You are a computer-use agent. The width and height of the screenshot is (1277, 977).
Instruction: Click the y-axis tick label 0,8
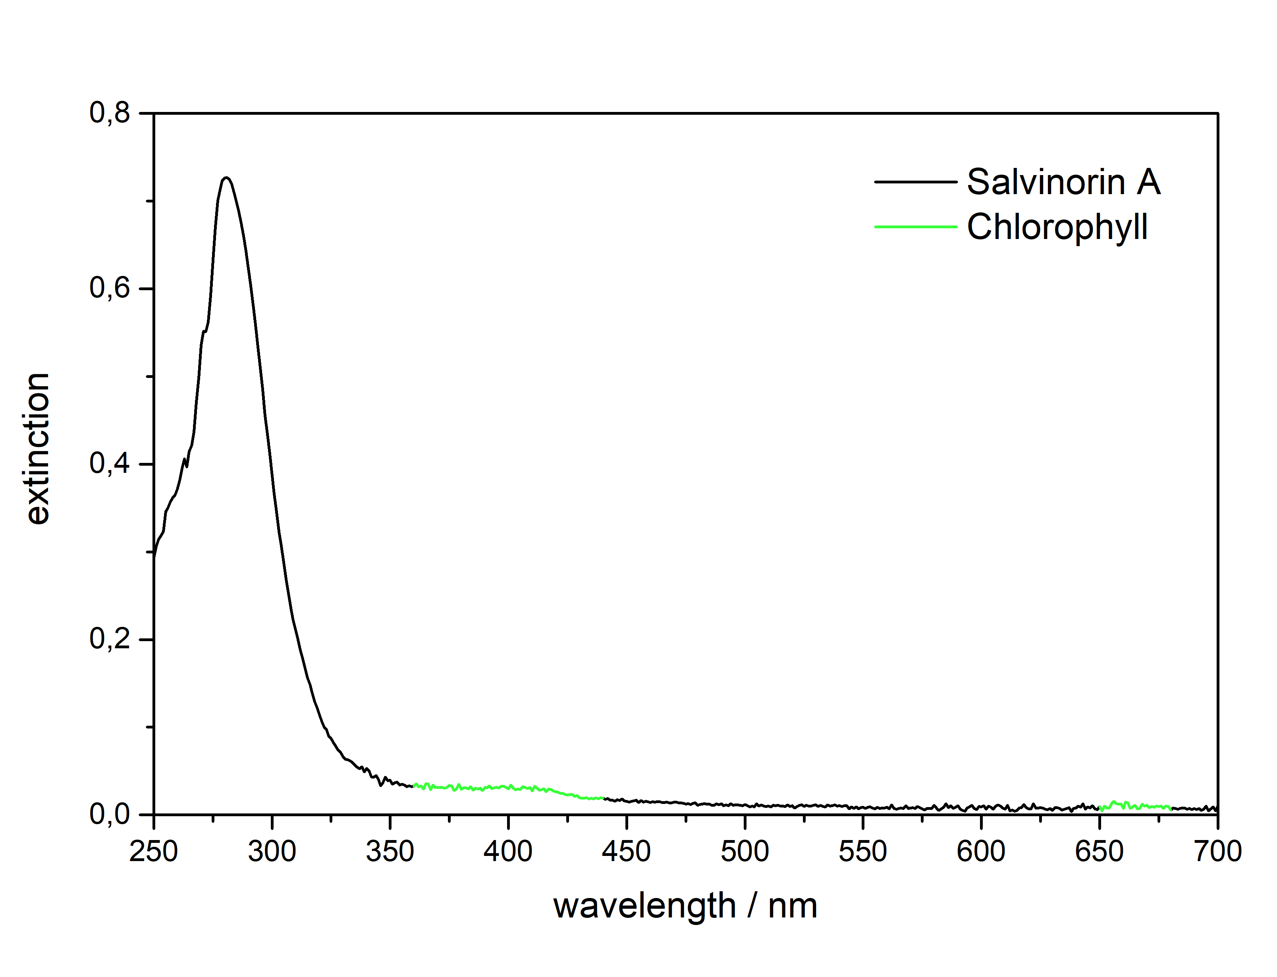109,113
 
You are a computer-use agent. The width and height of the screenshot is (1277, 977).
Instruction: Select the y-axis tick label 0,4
109,464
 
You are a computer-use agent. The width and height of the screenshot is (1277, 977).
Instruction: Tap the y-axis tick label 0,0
109,815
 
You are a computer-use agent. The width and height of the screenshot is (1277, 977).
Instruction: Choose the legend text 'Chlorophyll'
1057,227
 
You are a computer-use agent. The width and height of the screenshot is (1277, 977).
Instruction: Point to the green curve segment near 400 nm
508,787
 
